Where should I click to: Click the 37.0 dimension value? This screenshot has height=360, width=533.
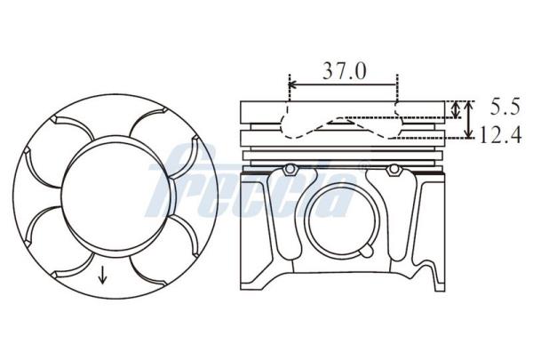coord(345,70)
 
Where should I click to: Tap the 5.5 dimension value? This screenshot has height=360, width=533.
coord(505,107)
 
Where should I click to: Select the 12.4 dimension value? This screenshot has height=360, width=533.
coord(500,135)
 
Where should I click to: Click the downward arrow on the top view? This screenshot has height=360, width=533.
coord(102,275)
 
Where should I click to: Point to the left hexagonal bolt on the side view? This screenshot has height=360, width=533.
coord(290,169)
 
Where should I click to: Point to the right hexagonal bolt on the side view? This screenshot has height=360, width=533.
coord(394,169)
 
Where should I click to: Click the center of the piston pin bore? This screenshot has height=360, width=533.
coord(341,220)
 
